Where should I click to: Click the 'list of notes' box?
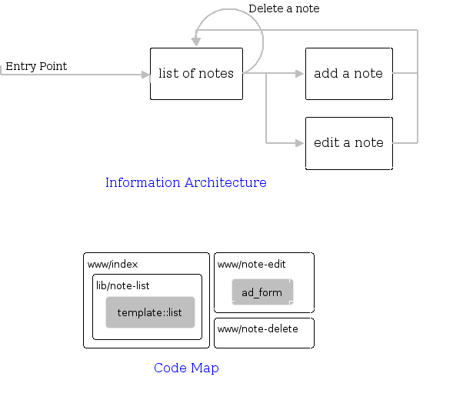point(196,74)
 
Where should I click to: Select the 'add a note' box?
point(348,74)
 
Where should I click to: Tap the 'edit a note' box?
point(348,143)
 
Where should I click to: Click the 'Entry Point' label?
point(36,66)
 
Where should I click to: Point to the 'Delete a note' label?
point(283,8)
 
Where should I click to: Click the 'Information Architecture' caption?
point(185,182)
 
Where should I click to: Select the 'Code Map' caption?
point(186,368)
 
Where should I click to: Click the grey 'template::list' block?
point(150,312)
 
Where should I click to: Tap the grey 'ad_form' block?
point(262,292)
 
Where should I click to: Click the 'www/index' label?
point(112,264)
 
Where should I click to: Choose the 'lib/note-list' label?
point(122,285)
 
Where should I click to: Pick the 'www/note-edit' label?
point(251,264)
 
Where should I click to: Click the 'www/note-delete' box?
point(264,333)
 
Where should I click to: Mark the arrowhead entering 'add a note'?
point(300,74)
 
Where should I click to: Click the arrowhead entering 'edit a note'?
point(300,143)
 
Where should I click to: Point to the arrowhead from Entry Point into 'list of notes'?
point(145,75)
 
